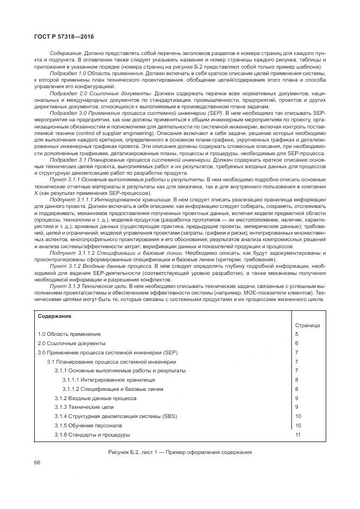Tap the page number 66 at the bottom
point(38,462)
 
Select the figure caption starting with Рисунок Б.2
point(180,452)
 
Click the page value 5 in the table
point(297,334)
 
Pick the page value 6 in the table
point(297,343)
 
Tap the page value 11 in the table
point(298,435)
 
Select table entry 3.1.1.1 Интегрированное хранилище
point(108,379)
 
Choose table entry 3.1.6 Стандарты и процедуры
point(92,435)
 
